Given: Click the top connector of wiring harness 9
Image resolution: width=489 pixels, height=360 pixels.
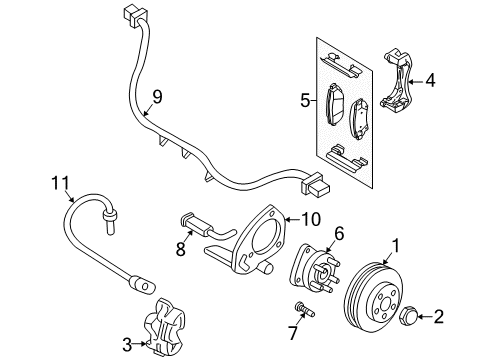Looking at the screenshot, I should (x=127, y=15).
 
